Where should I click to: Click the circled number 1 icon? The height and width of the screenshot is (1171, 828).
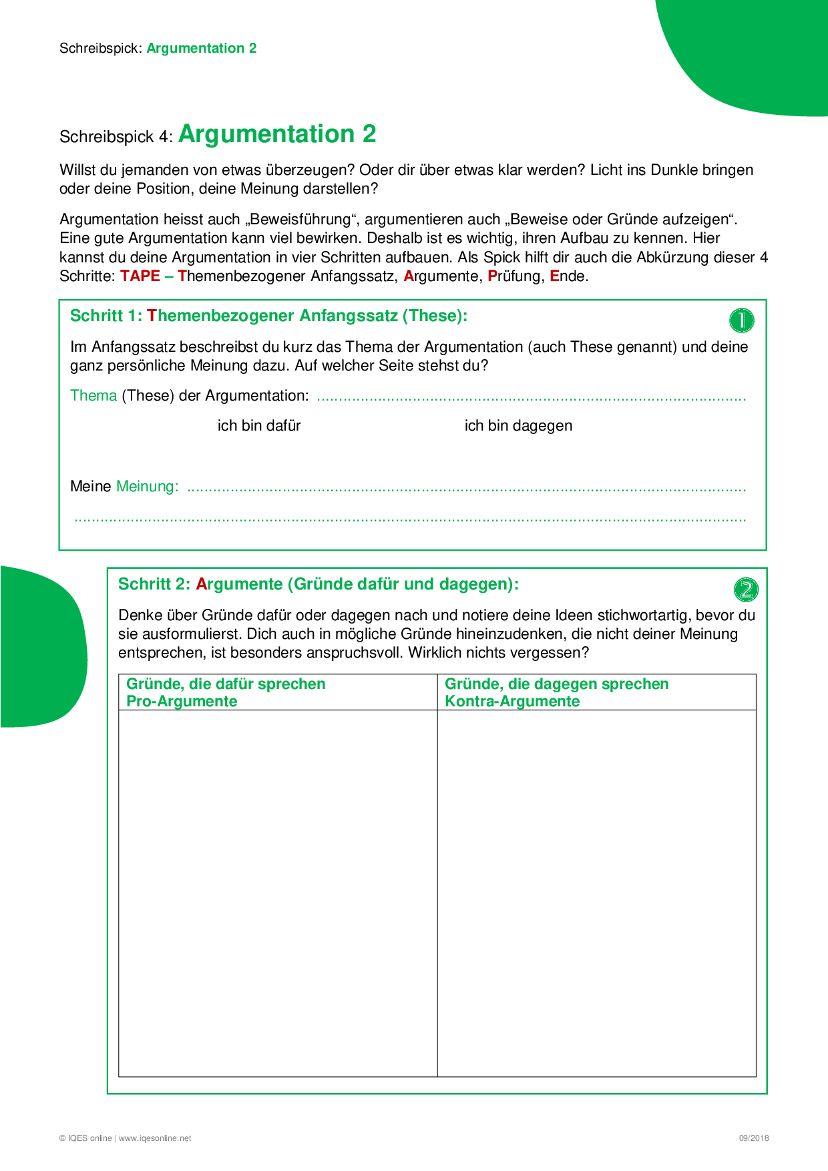click(741, 320)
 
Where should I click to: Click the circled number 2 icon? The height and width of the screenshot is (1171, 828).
click(746, 589)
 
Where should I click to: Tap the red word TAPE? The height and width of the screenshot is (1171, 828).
click(140, 276)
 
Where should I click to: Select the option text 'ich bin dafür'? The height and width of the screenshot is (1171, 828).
click(259, 426)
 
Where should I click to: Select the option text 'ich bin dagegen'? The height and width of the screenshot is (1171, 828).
click(518, 426)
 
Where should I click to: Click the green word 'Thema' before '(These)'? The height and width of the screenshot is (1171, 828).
click(93, 396)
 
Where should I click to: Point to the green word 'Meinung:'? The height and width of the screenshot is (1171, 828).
click(148, 487)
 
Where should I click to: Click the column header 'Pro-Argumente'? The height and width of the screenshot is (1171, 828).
click(182, 702)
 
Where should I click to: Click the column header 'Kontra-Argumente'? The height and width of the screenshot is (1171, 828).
click(512, 702)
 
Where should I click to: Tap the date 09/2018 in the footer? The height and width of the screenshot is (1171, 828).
click(753, 1138)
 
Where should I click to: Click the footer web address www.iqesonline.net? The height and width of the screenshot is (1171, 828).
click(155, 1138)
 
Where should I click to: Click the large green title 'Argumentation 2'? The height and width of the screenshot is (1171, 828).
click(277, 134)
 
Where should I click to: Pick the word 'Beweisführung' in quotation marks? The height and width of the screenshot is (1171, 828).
click(301, 220)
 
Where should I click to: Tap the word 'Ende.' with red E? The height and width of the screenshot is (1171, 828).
click(569, 276)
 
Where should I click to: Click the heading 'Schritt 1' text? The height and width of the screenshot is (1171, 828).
click(106, 316)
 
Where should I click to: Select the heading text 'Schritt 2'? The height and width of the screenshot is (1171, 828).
click(154, 584)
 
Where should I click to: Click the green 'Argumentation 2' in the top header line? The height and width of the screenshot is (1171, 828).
click(202, 48)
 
